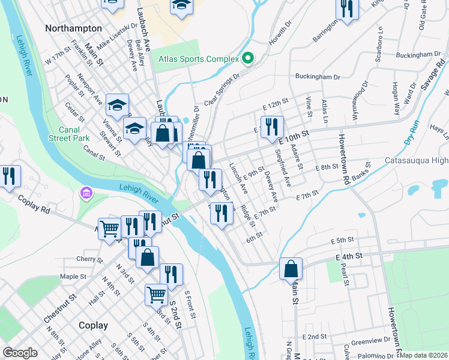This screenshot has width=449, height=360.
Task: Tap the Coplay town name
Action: pos(93,325)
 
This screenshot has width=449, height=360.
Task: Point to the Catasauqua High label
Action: pos(417,161)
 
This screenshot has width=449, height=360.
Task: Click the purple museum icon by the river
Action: pos(86,193)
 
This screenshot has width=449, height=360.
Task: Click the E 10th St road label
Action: pos(294,136)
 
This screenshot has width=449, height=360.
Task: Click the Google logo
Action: pos(20,353)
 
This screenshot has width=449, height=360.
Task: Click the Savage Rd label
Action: pos(432,74)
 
